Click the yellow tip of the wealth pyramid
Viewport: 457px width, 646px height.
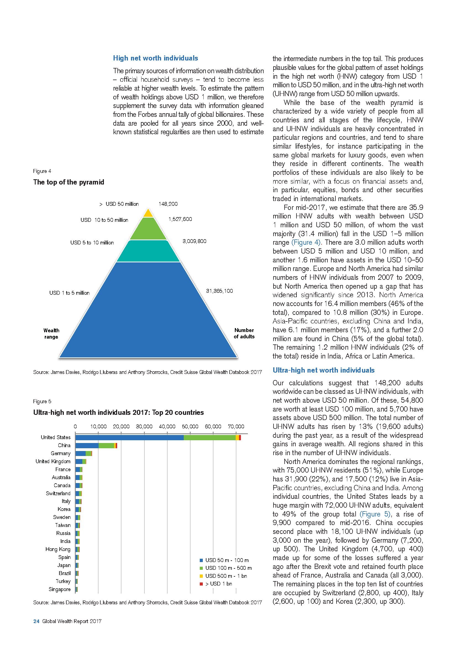148,213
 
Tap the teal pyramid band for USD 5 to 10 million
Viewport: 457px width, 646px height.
148,251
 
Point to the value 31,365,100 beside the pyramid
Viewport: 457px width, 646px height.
219,291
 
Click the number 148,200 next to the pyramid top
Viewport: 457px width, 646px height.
168,204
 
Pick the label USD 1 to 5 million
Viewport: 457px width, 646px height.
69,293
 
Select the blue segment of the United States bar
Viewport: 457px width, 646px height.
129,437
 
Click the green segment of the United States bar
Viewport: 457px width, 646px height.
210,437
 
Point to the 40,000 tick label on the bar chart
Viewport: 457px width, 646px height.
167,426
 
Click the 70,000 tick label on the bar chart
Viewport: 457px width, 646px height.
236,426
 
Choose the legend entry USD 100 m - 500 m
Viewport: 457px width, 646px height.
228,568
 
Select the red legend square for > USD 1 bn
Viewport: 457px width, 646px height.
201,584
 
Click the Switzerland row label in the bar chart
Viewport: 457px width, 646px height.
58,494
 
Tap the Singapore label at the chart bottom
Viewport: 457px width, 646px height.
59,589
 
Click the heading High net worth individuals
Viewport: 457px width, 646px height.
155,58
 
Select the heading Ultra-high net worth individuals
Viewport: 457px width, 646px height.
323,370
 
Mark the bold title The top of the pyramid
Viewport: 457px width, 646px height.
68,182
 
